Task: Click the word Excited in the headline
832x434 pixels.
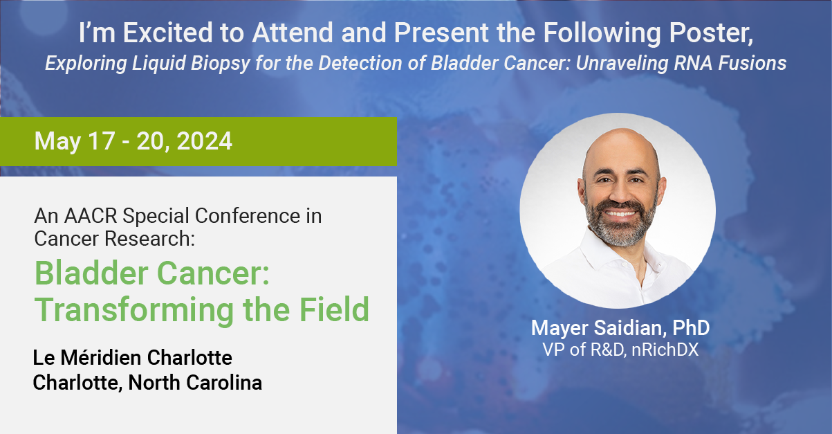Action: [168, 33]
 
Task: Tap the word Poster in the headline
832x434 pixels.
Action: [711, 33]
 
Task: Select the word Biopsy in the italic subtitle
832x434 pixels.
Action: [221, 64]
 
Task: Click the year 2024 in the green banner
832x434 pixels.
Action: [204, 141]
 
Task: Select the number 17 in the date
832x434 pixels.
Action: [101, 141]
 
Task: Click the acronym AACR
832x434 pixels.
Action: [91, 216]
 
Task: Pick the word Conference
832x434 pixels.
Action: [248, 216]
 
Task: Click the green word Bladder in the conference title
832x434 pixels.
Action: [91, 273]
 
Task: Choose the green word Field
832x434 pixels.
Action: [334, 309]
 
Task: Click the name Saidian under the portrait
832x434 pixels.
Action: [627, 328]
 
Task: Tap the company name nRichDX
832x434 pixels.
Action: [665, 350]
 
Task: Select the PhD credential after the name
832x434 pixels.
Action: [691, 327]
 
